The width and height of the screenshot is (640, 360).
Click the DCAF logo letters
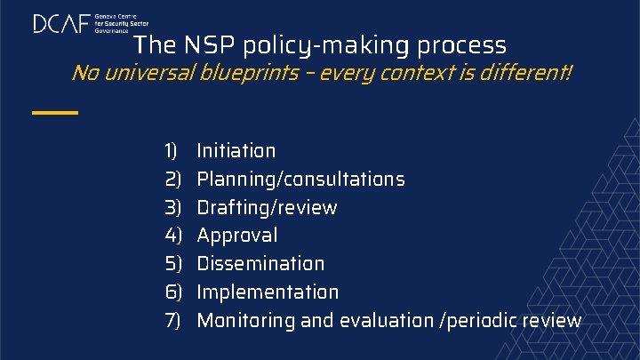[61, 23]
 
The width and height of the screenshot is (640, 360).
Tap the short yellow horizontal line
[54, 113]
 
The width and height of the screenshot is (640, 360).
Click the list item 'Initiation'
[236, 151]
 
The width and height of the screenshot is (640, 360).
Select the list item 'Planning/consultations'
[300, 180]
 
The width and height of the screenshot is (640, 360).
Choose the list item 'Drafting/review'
[267, 208]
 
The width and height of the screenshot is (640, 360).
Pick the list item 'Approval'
[236, 236]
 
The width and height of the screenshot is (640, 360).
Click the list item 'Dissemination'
[260, 264]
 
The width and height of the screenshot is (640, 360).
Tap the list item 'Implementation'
[268, 292]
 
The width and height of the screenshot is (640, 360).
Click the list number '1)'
[172, 151]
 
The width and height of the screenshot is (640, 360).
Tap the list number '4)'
[172, 236]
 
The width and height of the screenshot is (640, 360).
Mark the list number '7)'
[172, 320]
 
